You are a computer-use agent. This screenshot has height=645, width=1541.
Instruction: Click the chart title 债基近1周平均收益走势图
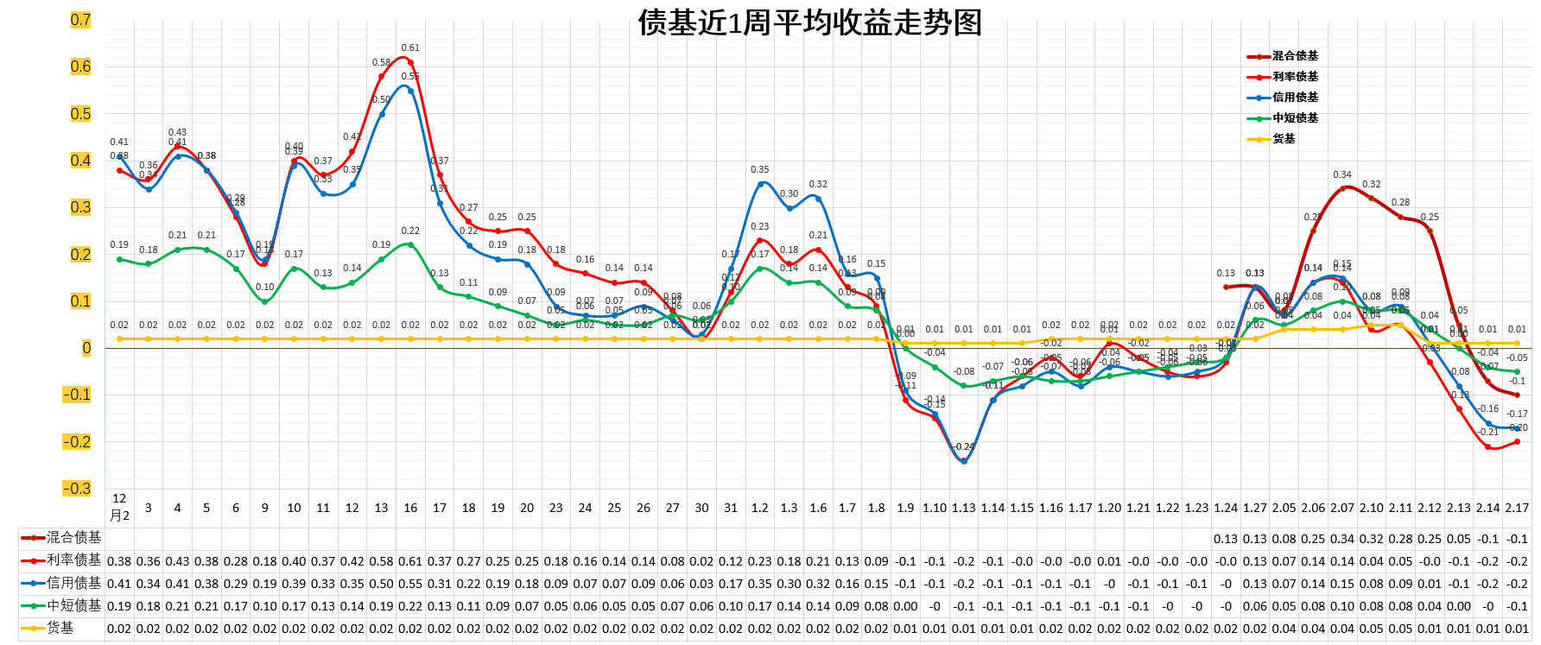click(809, 22)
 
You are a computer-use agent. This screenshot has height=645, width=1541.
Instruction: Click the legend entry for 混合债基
click(1295, 56)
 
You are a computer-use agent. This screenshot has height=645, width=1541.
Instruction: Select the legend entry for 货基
click(1284, 139)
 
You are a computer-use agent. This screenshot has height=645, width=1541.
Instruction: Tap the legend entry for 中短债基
click(1295, 118)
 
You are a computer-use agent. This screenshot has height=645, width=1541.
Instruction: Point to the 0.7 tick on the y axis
click(80, 20)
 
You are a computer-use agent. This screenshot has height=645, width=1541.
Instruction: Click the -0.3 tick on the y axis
click(77, 489)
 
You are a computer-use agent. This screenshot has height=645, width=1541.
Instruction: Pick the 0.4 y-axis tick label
click(80, 161)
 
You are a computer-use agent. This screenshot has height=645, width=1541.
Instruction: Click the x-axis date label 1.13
click(963, 509)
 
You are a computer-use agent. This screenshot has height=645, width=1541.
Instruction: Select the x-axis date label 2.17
click(1517, 509)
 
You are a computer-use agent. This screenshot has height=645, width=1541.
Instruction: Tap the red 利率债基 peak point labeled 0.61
click(410, 62)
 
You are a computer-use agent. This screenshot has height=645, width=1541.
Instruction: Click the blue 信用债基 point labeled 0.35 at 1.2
click(760, 184)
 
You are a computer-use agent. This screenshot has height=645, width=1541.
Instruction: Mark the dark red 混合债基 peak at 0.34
click(1342, 188)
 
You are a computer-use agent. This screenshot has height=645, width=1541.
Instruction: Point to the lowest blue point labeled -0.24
click(964, 461)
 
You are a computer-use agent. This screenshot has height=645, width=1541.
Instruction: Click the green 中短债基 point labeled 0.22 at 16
click(410, 244)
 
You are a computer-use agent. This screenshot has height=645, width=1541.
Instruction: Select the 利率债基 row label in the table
click(73, 560)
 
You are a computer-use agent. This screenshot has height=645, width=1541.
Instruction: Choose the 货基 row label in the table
click(60, 629)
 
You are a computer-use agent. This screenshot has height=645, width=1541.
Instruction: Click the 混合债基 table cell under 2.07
click(1342, 539)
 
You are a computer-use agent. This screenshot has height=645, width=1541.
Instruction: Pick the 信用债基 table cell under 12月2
click(119, 584)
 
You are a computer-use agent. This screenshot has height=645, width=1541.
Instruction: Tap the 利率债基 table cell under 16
click(410, 561)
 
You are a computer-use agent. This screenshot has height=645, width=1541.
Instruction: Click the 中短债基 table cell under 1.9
click(905, 606)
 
